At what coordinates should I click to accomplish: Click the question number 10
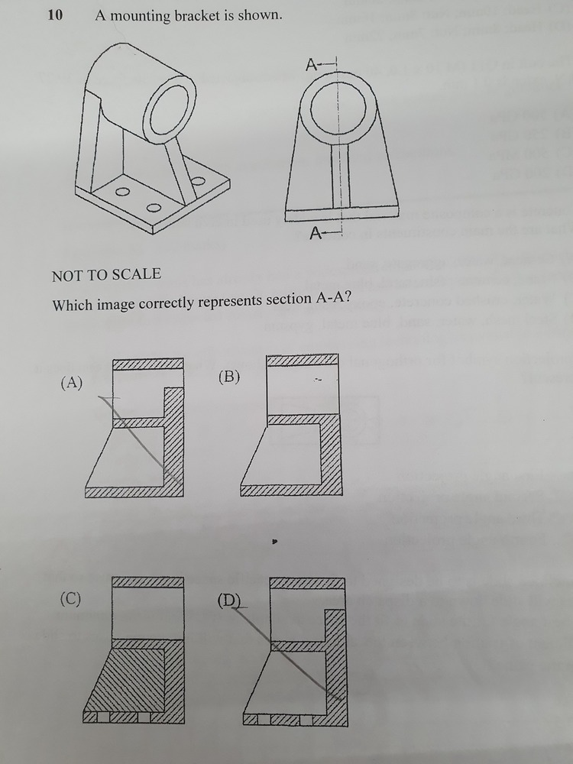pos(55,15)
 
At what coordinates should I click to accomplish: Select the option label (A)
pos(72,383)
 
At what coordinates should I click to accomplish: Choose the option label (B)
pos(229,377)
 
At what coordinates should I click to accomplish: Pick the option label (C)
pos(70,598)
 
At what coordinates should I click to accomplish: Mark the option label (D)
pos(229,601)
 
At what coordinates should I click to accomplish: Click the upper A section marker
pos(312,65)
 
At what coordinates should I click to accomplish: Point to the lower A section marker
pos(316,235)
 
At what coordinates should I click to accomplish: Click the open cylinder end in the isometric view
pos(170,110)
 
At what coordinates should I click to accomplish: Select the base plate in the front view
pos(342,213)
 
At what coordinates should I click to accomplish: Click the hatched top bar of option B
pos(303,360)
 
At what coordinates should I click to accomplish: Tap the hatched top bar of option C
pos(147,582)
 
